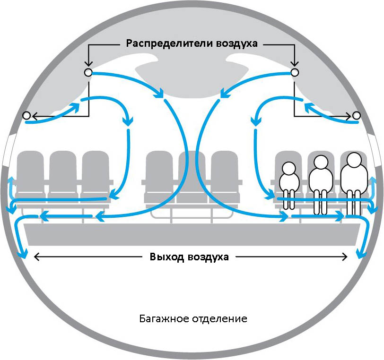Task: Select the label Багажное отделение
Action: coord(193,318)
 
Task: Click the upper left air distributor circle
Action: coord(87,72)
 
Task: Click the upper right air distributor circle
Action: coord(294,72)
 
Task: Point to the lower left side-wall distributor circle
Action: coord(26,115)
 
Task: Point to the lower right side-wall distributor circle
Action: coord(356,115)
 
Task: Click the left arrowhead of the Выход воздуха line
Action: coord(36,257)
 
